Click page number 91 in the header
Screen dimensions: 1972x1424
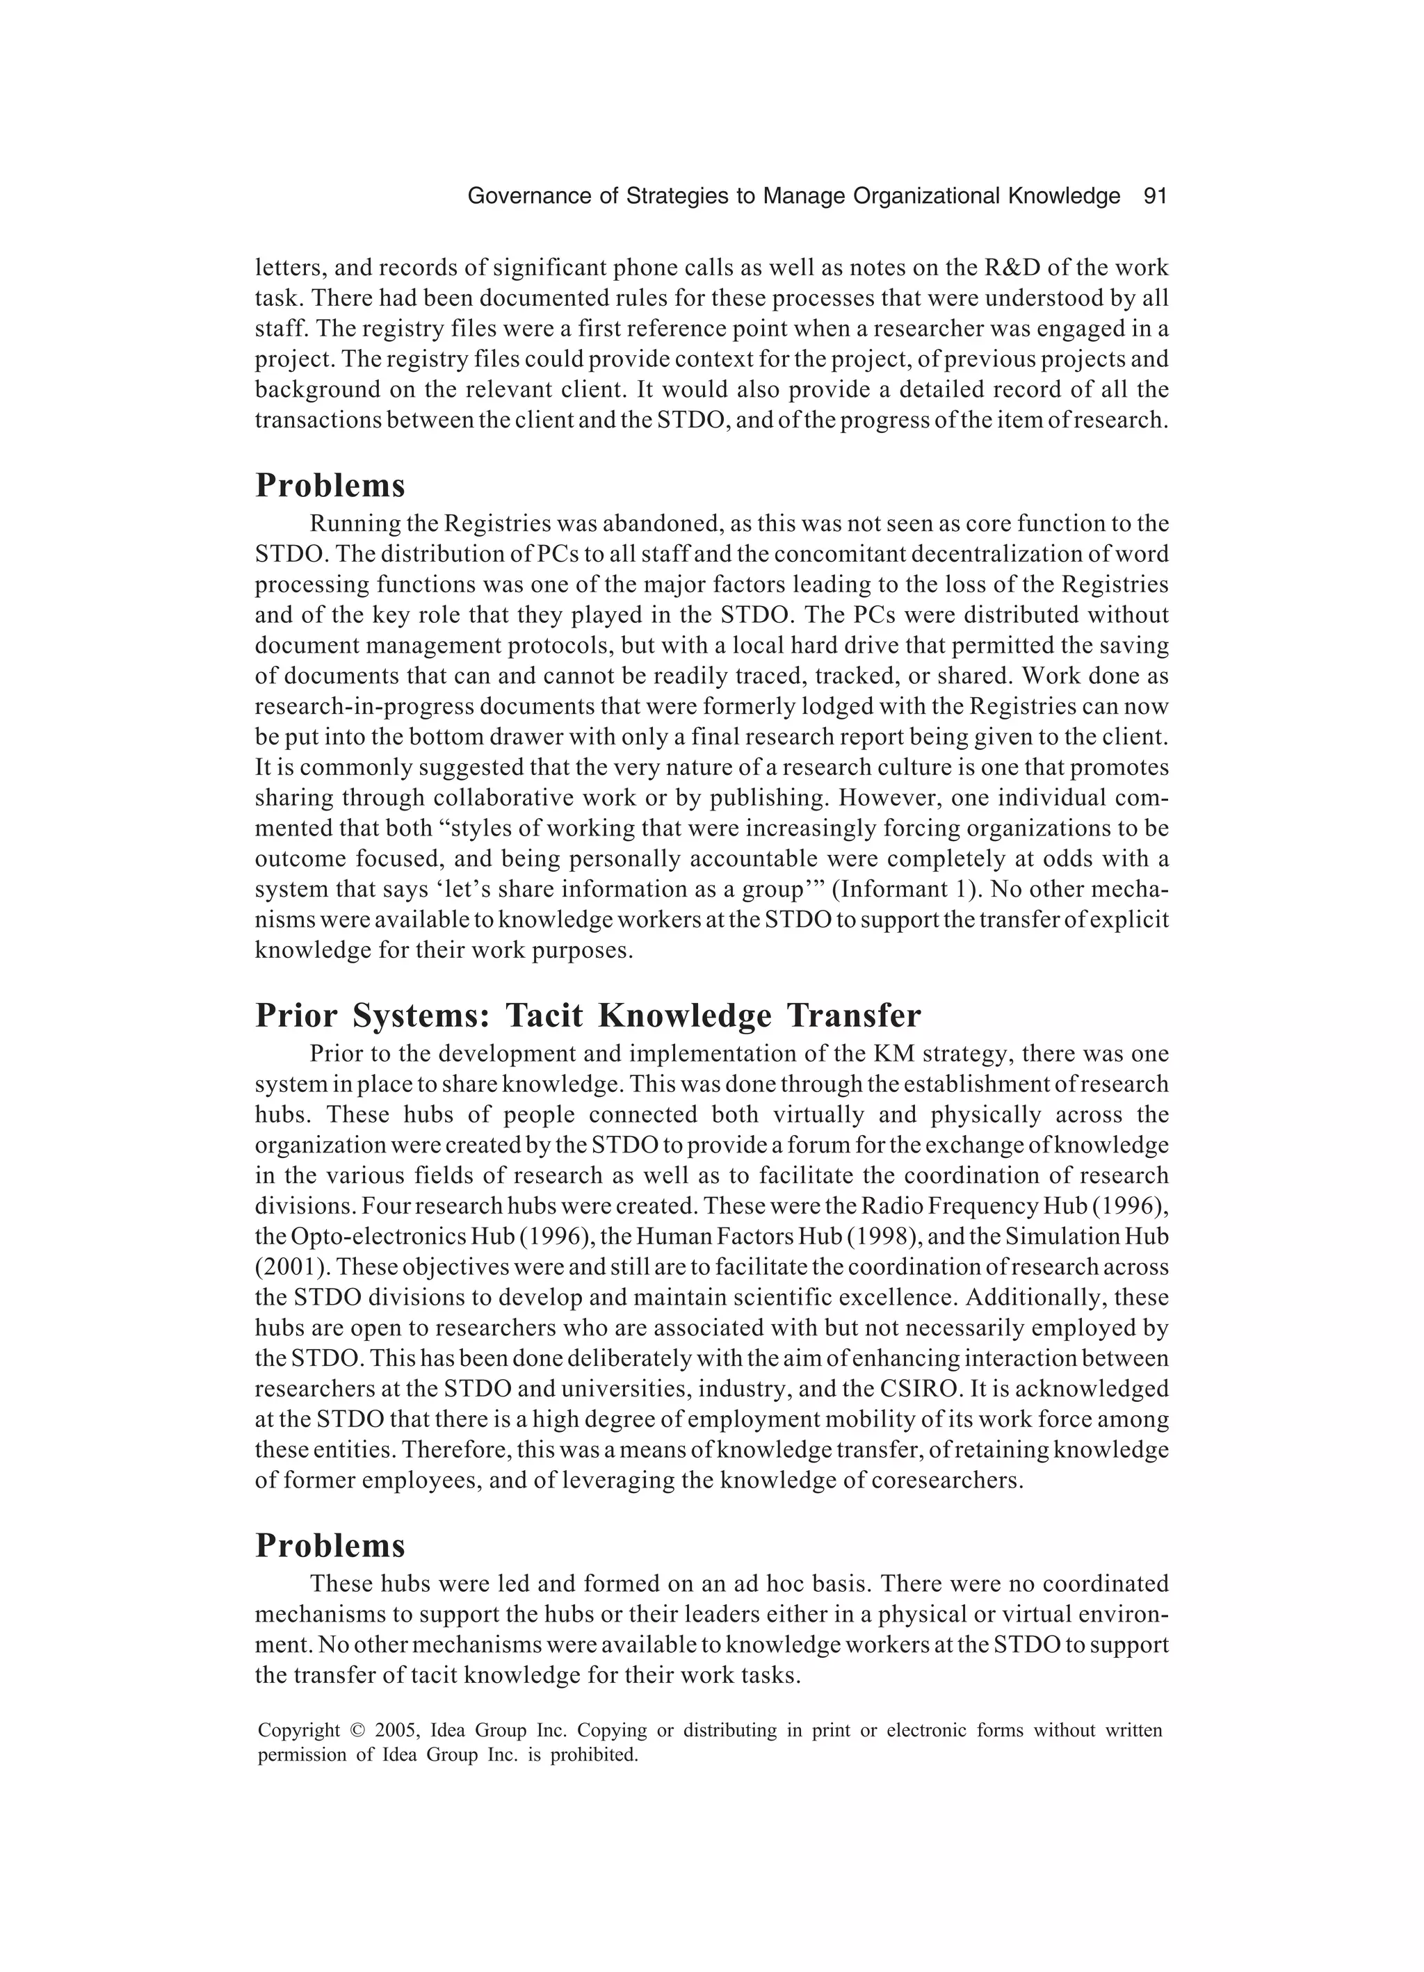coord(1154,197)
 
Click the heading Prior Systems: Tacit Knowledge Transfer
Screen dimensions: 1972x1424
coord(588,1015)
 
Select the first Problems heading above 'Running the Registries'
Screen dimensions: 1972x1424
coord(330,485)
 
